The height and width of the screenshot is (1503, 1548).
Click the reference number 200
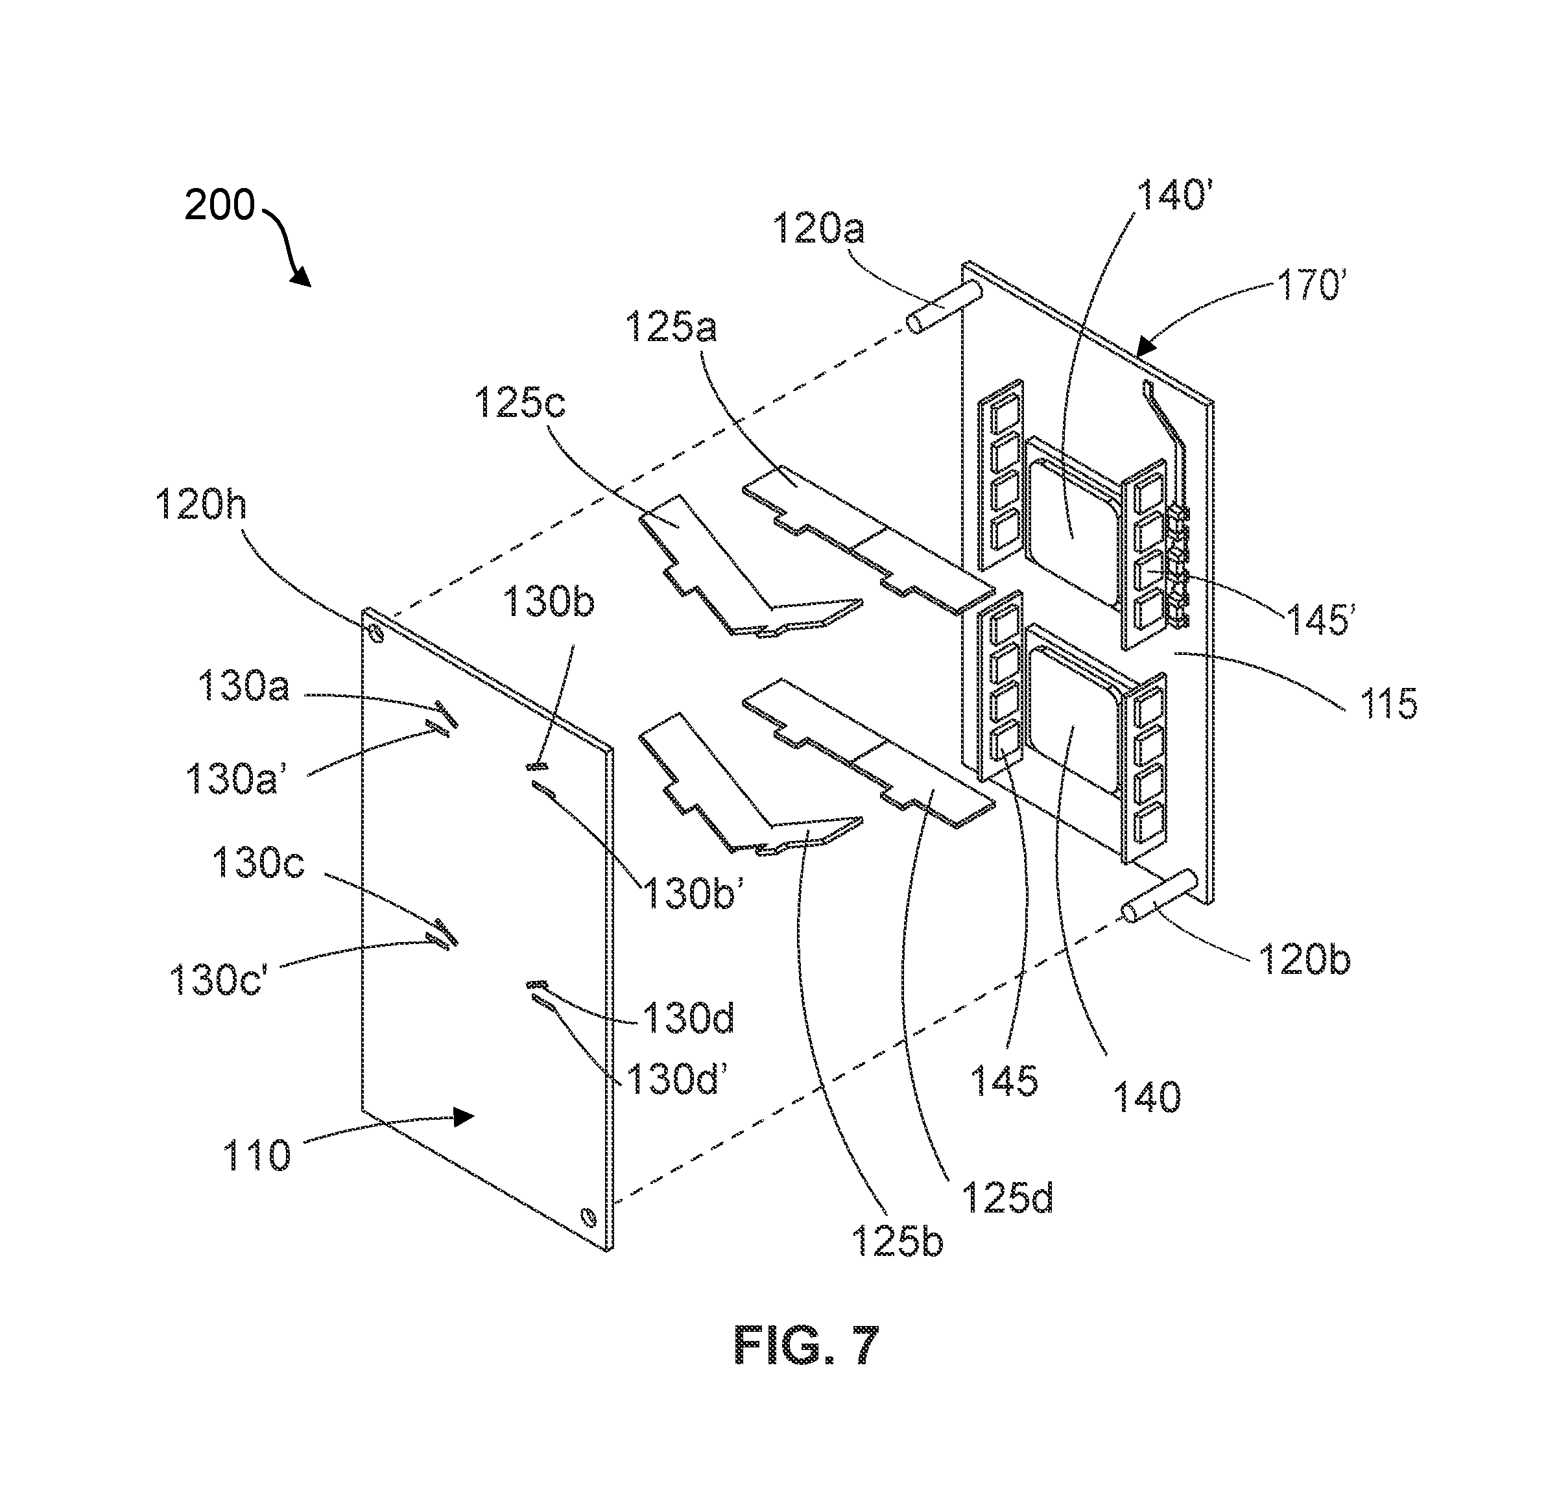point(220,206)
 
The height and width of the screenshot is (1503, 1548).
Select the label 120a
point(818,228)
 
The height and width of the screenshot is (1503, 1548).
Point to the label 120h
point(202,503)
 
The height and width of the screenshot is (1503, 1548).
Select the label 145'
point(1321,620)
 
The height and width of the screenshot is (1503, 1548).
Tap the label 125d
point(1008,1198)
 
